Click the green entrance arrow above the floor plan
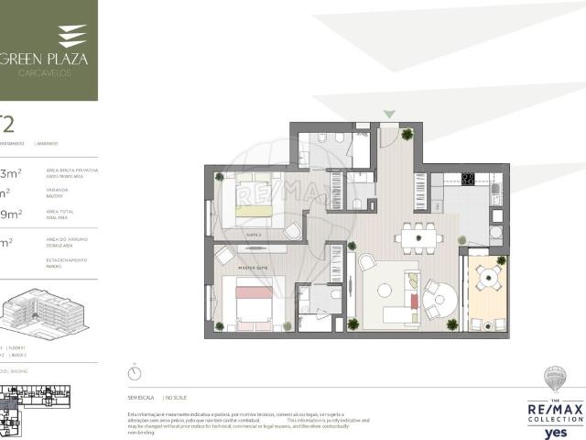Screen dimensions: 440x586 point(389,115)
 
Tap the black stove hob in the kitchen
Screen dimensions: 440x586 point(468,179)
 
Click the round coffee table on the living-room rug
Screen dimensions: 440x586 point(384,291)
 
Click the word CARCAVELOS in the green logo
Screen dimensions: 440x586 point(49,71)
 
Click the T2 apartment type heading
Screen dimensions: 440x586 point(6,124)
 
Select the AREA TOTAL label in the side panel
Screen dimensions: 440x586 point(59,213)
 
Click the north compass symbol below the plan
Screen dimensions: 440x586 point(135,371)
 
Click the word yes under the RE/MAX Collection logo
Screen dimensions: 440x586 point(556,431)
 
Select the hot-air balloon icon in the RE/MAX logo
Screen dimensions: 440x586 point(555,378)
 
